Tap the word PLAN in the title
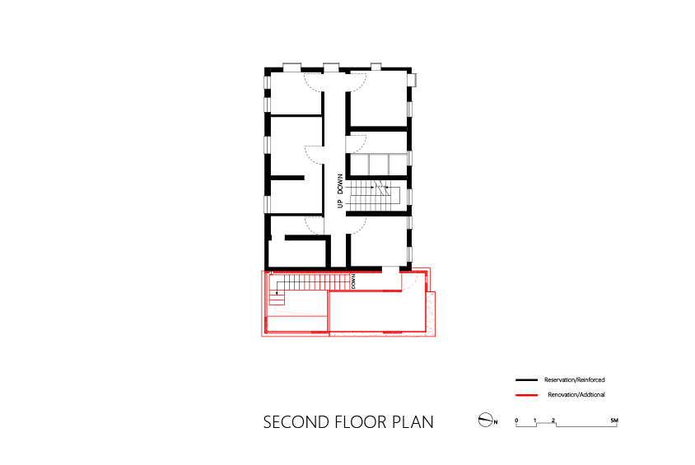coord(413,422)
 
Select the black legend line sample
coord(526,380)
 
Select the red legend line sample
coord(526,394)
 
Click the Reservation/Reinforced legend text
coord(575,380)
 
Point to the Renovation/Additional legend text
coord(576,394)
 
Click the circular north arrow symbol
coord(486,420)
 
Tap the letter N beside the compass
coord(496,422)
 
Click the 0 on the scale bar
coord(516,421)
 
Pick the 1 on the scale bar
coord(535,421)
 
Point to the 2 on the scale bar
coord(553,421)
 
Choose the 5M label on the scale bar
coord(613,421)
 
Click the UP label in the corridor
coord(340,204)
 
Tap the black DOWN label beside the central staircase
coord(340,184)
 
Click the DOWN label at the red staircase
coord(353,281)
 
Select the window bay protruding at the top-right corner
coord(413,80)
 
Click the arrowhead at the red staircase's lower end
coord(277,293)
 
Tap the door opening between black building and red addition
coord(390,270)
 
